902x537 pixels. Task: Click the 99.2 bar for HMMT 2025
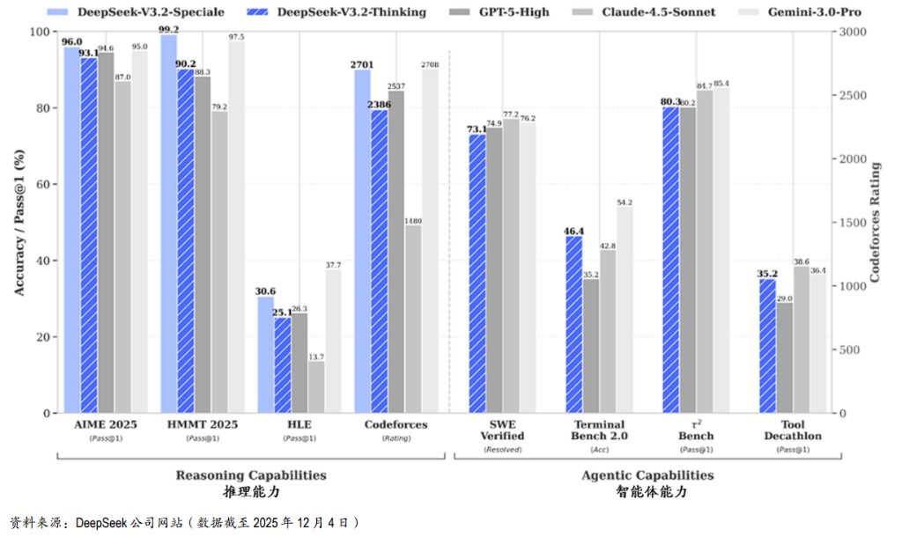[x=168, y=224]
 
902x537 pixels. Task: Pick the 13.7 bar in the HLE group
[x=315, y=387]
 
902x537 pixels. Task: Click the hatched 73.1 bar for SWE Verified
[x=477, y=274]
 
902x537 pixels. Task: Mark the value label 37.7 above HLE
[x=333, y=264]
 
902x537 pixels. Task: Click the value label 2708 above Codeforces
[x=429, y=63]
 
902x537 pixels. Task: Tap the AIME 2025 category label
[x=106, y=424]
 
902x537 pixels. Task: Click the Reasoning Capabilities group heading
[x=251, y=475]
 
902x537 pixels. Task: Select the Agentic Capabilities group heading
[x=647, y=475]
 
